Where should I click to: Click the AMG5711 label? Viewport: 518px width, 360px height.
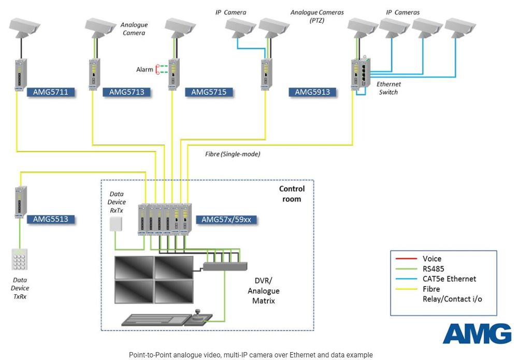click(50, 92)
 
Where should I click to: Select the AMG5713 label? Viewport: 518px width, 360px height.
click(126, 92)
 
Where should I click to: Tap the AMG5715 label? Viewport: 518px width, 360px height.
click(209, 92)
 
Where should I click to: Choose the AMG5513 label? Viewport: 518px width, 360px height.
click(50, 219)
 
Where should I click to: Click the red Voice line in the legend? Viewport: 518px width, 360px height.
click(406, 258)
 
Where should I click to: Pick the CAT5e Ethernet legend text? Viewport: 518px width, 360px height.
click(449, 279)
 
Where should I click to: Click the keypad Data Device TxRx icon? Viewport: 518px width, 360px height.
click(20, 260)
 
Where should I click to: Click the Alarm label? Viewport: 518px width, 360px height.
click(145, 69)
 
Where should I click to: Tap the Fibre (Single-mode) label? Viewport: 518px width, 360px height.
click(233, 154)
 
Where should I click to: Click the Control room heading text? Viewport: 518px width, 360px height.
click(292, 193)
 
